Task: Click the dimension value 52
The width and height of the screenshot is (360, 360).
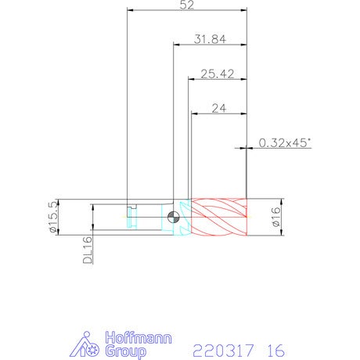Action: pos(187,5)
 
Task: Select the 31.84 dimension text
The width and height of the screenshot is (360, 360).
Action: pos(210,39)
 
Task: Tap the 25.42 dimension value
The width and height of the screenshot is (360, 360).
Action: pos(218,74)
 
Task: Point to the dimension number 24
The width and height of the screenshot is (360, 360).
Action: pos(219,108)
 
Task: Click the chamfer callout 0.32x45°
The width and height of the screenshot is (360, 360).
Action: pos(285,142)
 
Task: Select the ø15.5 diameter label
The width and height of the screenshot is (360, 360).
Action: pos(52,217)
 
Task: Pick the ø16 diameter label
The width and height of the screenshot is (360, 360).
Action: pos(275,217)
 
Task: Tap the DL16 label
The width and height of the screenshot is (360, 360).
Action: pos(88,250)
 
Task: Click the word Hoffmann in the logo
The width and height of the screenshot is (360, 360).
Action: pos(139,338)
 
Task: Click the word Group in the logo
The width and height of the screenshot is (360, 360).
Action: pos(125,351)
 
